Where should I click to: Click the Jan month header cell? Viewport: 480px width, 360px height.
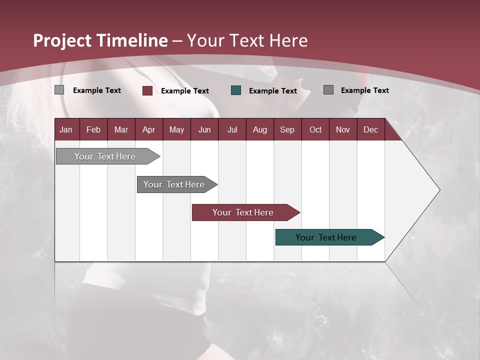point(66,130)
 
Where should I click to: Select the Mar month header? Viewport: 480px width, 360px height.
point(121,130)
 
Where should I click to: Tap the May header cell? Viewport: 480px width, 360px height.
point(176,130)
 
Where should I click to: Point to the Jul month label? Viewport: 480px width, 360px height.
point(232,130)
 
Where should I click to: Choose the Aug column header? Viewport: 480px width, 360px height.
point(259,130)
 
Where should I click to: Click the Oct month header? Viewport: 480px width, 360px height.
point(315,130)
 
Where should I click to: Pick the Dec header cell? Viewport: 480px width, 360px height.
point(370,130)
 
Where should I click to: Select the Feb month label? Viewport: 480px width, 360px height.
point(93,130)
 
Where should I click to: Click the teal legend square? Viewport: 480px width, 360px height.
point(236,90)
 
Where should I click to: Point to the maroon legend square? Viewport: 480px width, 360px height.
point(147,90)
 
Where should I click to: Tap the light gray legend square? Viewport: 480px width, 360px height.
point(59,90)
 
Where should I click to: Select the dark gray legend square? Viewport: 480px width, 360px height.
point(328,90)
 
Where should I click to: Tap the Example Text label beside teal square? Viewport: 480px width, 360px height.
point(272,91)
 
